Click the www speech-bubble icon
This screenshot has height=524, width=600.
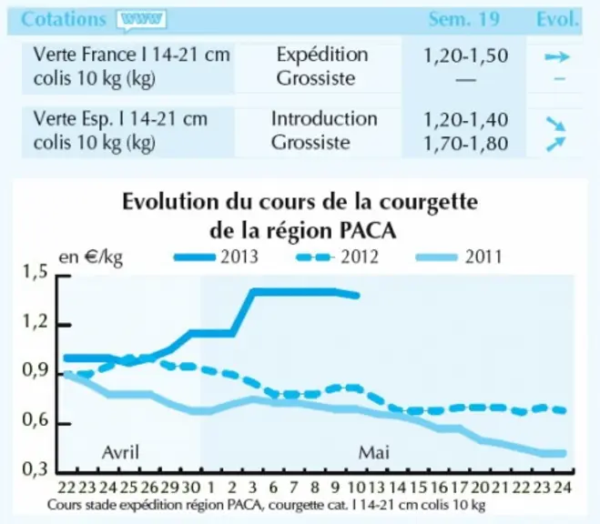142,20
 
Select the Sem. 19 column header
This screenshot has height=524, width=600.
463,19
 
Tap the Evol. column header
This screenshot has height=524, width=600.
557,19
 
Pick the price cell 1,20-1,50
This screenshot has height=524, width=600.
465,55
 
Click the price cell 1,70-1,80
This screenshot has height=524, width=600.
465,144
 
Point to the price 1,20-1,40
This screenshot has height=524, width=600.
465,120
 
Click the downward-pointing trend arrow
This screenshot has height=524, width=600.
555,124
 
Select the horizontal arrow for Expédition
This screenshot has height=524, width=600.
557,57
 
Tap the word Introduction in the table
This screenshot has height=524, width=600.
324,119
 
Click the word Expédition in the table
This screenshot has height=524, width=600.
322,55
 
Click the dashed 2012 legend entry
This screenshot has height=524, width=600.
338,257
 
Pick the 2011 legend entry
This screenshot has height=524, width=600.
459,257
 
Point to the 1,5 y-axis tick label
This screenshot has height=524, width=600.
36,272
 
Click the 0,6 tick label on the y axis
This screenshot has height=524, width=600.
36,420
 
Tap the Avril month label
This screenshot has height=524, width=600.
120,452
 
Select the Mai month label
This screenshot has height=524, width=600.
374,453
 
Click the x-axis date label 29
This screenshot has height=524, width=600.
169,488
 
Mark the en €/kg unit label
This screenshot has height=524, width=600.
91,257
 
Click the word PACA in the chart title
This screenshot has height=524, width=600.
368,231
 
